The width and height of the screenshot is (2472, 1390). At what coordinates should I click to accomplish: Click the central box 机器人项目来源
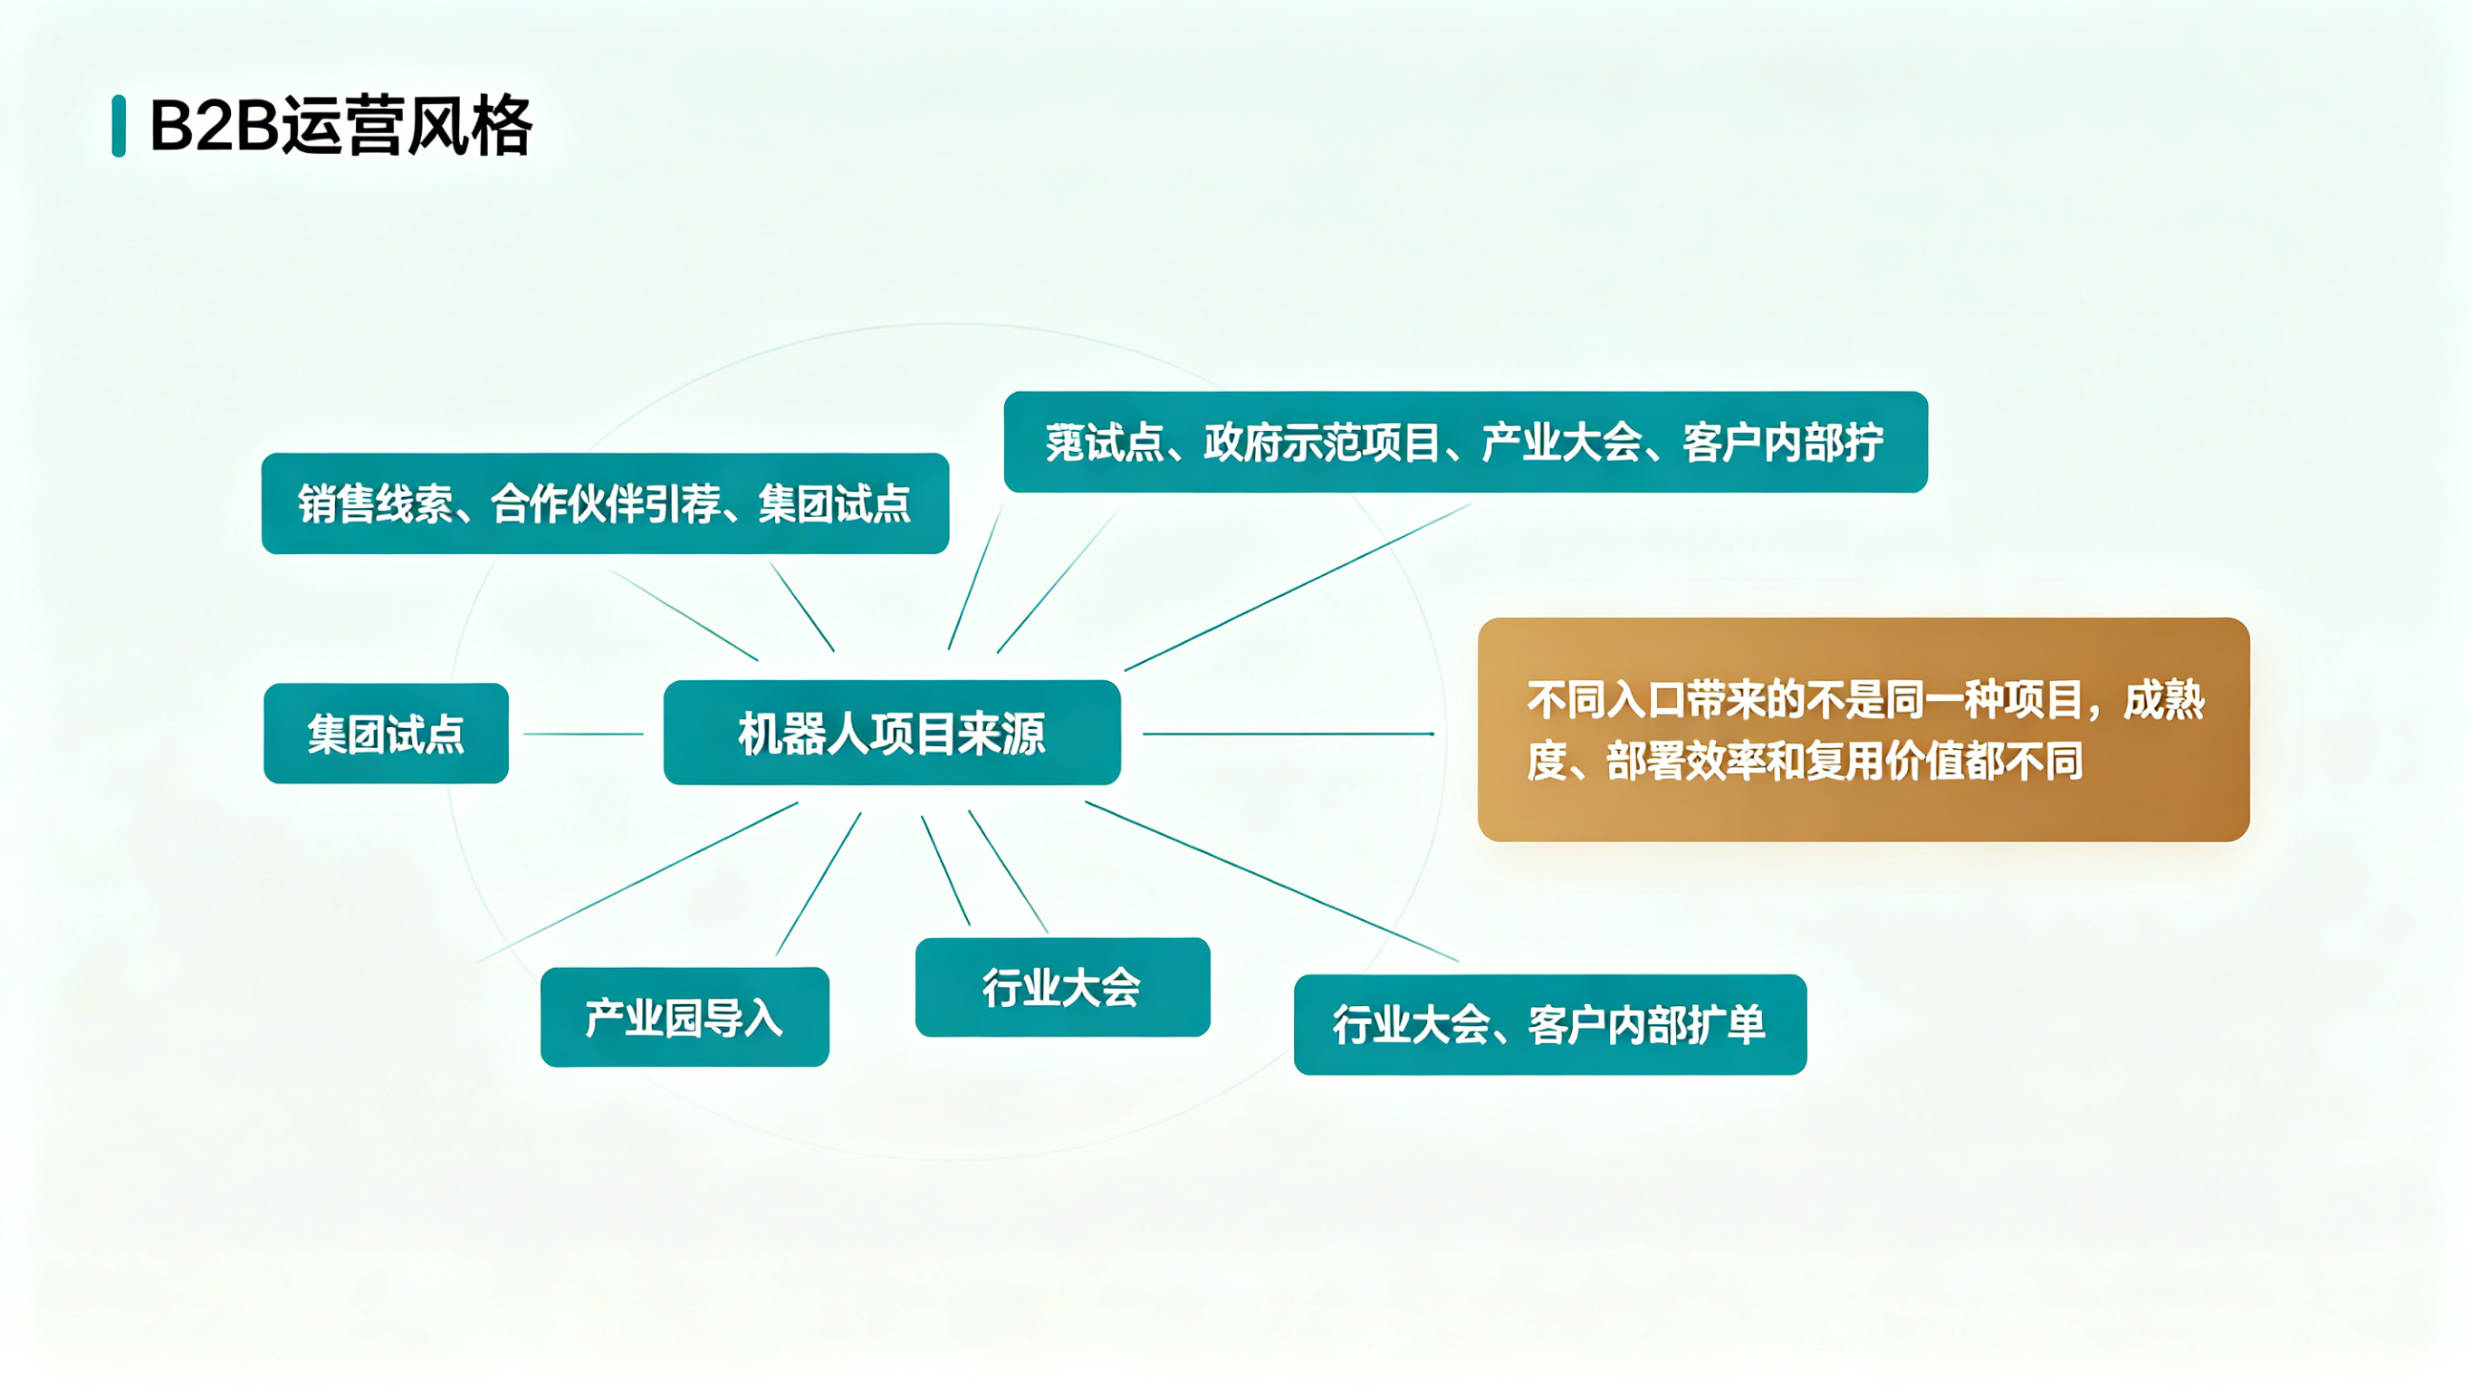click(x=892, y=733)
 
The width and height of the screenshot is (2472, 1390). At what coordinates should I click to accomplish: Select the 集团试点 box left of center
click(x=386, y=733)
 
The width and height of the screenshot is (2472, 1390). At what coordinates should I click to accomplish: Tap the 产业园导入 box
click(x=685, y=1017)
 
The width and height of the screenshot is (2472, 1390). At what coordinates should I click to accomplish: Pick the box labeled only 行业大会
click(x=1062, y=987)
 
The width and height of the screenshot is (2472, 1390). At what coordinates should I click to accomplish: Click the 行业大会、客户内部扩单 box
click(x=1550, y=1024)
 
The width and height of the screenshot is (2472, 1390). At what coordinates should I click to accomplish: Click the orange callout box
click(x=1863, y=730)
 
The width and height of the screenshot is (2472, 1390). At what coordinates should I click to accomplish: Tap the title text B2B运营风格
click(x=340, y=126)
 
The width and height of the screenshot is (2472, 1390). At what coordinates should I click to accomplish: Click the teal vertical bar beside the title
click(x=119, y=126)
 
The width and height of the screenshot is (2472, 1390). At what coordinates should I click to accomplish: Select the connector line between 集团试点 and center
click(x=583, y=734)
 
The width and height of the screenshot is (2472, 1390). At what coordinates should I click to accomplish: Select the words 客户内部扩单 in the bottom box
click(x=1646, y=1024)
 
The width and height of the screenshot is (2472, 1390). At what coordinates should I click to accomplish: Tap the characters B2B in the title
click(x=213, y=126)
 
